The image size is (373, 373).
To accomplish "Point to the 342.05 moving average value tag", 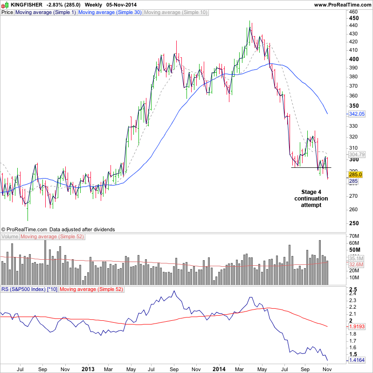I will click(x=356, y=114).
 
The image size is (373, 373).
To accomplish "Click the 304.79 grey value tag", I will click(x=356, y=154).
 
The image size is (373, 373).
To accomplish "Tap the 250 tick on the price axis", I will click(x=354, y=223).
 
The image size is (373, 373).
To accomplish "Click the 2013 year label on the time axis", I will click(x=88, y=369).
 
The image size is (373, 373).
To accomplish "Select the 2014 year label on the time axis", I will click(x=219, y=369).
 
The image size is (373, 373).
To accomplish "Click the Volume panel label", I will click(x=9, y=237).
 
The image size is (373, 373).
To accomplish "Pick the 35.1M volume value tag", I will click(x=356, y=258).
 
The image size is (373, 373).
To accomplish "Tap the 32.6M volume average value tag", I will click(x=356, y=264).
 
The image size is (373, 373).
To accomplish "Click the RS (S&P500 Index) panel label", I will click(x=29, y=290).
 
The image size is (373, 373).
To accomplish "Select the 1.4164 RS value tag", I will click(x=357, y=360).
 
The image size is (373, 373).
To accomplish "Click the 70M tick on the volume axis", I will click(x=354, y=236).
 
